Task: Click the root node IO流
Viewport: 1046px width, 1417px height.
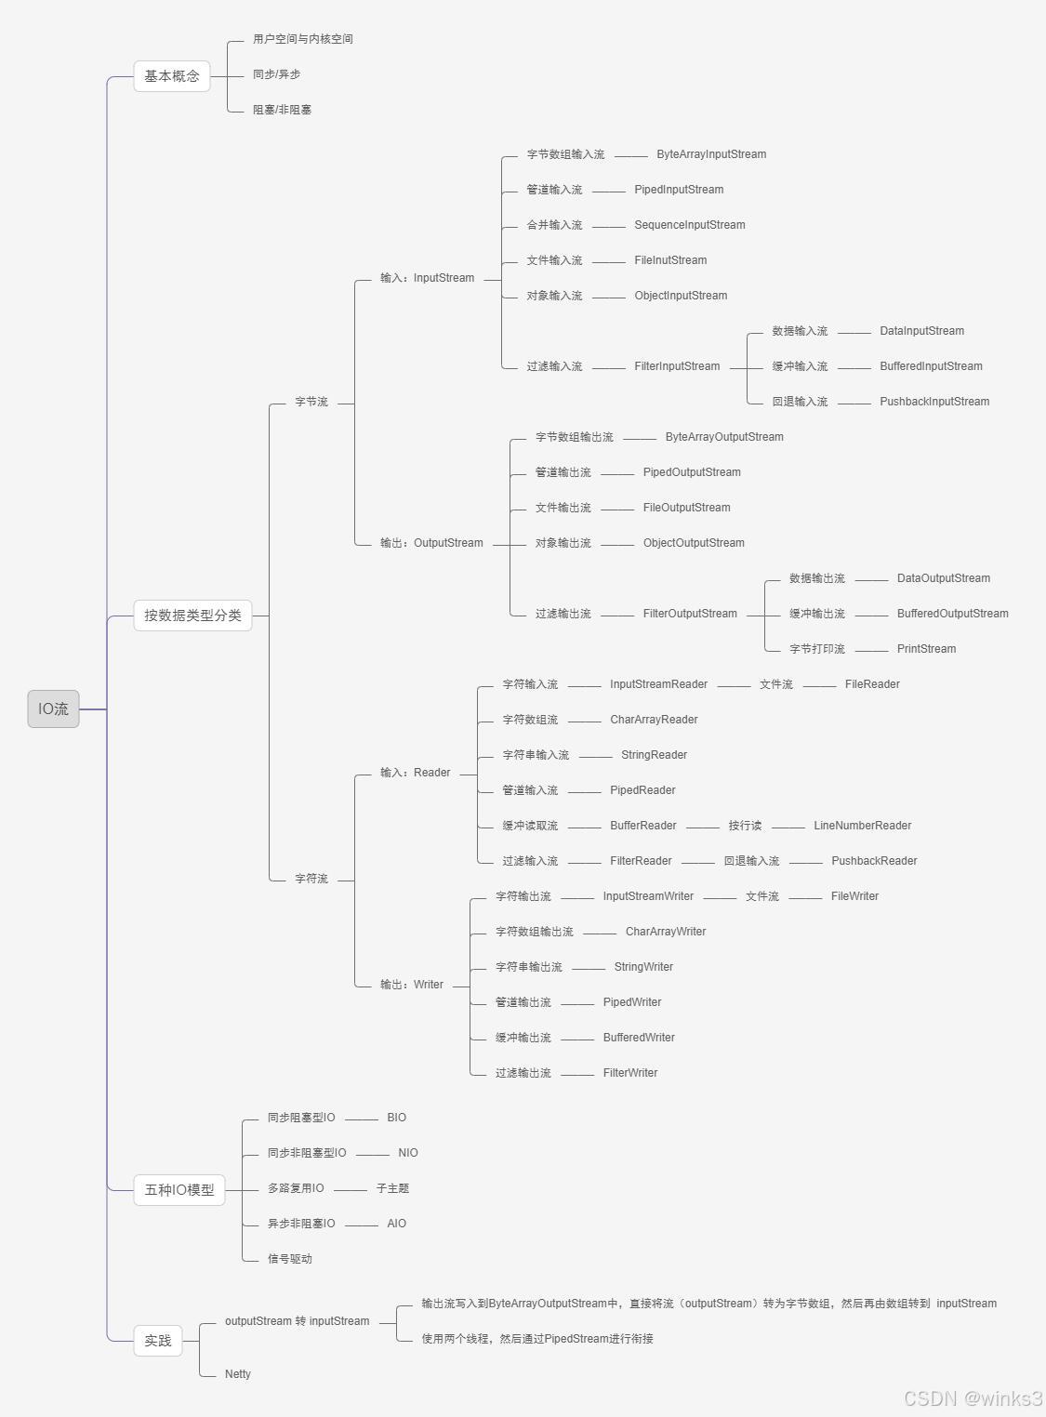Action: coord(53,708)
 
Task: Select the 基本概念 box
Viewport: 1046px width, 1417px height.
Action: coord(172,75)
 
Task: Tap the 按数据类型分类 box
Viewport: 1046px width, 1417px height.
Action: coord(192,615)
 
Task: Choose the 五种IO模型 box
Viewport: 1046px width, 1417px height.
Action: coord(179,1189)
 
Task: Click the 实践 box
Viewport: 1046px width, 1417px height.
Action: coord(158,1340)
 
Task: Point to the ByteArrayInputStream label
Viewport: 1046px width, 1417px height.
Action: coord(711,154)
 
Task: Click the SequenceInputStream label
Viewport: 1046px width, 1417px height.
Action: coord(690,225)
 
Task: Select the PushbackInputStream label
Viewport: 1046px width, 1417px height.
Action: coord(934,402)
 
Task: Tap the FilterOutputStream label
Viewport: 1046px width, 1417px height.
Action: coord(690,614)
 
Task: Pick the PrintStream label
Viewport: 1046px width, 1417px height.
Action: coord(926,649)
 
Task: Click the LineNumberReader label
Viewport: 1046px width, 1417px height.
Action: coord(862,826)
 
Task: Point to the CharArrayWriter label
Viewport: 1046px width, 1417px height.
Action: coord(666,932)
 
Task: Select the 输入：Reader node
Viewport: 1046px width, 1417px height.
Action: coord(415,773)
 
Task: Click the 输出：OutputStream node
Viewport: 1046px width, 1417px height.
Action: coord(431,543)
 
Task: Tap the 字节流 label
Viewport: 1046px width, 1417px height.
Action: coord(311,402)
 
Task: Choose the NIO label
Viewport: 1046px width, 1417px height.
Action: coord(408,1153)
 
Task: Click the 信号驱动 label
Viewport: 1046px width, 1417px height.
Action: coord(290,1259)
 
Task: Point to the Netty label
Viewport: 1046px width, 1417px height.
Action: coord(238,1374)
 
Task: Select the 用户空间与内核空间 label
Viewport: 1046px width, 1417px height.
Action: coord(303,39)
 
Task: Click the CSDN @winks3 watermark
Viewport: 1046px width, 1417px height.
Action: coord(973,1398)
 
